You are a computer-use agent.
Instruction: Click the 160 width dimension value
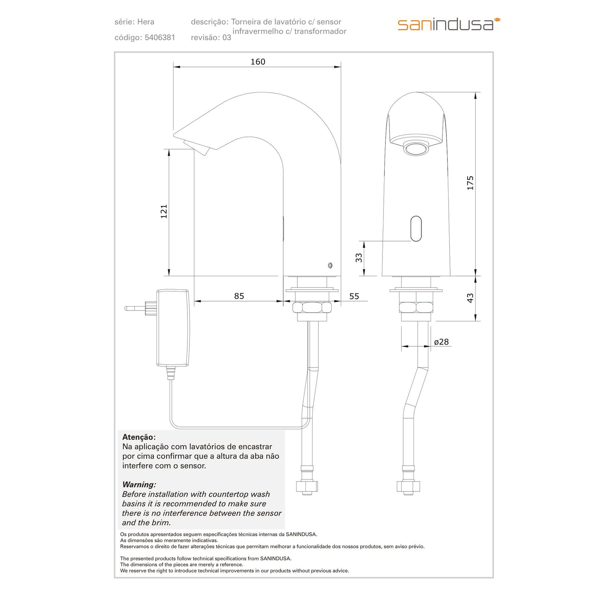[x=258, y=62]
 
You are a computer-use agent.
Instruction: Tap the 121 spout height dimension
[x=164, y=211]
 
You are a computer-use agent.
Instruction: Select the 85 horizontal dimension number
[x=239, y=296]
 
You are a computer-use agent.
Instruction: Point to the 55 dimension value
[x=354, y=296]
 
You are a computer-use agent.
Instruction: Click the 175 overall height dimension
[x=470, y=183]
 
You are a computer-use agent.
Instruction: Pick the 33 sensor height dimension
[x=359, y=258]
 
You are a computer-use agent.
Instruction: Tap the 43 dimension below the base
[x=470, y=298]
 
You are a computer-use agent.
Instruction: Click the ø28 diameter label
[x=441, y=342]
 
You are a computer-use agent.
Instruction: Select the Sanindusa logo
[x=449, y=24]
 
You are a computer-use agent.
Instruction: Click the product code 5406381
[x=160, y=37]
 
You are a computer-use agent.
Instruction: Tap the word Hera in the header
[x=146, y=22]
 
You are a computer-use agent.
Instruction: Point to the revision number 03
[x=227, y=37]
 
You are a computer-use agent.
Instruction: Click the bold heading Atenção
[x=139, y=437]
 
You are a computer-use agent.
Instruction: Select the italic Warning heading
[x=139, y=485]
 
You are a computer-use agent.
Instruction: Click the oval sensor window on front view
[x=416, y=229]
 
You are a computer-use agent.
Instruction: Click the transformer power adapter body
[x=173, y=327]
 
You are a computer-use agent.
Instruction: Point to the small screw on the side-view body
[x=330, y=265]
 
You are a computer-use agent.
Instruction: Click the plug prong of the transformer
[x=135, y=308]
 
